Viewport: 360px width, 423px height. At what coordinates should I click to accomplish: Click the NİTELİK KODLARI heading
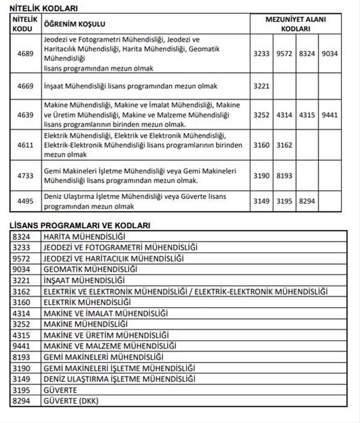tap(44, 8)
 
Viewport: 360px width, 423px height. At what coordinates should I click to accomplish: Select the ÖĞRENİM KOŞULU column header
tap(74, 24)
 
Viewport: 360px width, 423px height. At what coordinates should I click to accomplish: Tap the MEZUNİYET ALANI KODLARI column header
tap(296, 24)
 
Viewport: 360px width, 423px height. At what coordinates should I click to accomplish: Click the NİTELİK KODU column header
tap(25, 24)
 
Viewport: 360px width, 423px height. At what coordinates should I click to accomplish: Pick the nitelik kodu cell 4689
tap(25, 54)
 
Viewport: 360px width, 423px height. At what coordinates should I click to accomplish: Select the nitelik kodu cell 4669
tap(25, 86)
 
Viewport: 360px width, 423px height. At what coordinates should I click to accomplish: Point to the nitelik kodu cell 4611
tap(25, 145)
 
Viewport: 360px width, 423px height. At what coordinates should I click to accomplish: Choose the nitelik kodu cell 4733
tap(25, 176)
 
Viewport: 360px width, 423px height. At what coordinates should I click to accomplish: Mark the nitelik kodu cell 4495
tap(25, 202)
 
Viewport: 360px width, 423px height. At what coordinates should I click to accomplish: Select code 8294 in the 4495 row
tap(307, 202)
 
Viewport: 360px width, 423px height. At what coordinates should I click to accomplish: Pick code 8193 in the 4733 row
tap(284, 176)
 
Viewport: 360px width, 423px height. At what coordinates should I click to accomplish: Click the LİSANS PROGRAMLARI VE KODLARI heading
tap(80, 225)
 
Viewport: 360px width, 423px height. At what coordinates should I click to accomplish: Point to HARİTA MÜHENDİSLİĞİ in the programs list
tap(84, 236)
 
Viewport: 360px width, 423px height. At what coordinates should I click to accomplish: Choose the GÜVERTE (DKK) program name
tap(71, 401)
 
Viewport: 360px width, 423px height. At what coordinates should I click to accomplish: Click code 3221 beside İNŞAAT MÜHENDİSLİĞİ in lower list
tap(22, 280)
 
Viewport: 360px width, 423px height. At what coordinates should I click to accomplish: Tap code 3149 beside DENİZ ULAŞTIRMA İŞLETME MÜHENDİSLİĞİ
tap(22, 379)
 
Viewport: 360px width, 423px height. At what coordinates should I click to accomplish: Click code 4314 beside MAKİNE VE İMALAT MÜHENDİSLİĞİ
tap(22, 313)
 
